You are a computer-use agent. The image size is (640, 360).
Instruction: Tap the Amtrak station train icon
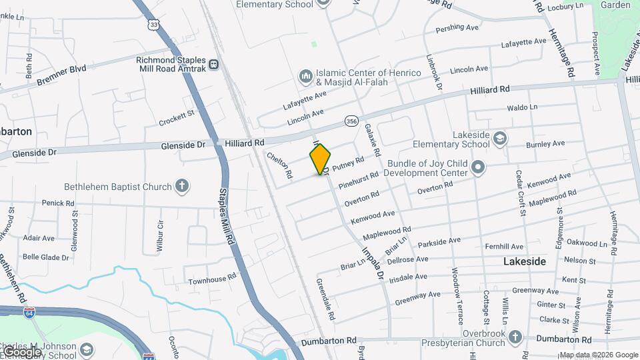point(213,65)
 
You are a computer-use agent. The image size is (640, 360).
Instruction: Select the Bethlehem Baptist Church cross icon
point(182,187)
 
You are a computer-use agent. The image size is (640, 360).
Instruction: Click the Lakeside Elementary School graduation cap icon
point(499,139)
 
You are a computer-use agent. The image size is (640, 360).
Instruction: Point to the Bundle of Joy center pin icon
point(477,167)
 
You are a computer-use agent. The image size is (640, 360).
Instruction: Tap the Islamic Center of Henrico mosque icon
point(306,77)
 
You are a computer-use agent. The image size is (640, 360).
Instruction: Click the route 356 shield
point(351,121)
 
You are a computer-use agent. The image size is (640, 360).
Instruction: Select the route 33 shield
point(155,24)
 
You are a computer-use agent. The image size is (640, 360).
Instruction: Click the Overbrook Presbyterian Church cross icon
point(515,337)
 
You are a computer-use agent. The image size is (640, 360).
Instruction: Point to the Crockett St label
point(176,118)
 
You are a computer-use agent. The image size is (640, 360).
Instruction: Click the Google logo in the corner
point(21,351)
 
